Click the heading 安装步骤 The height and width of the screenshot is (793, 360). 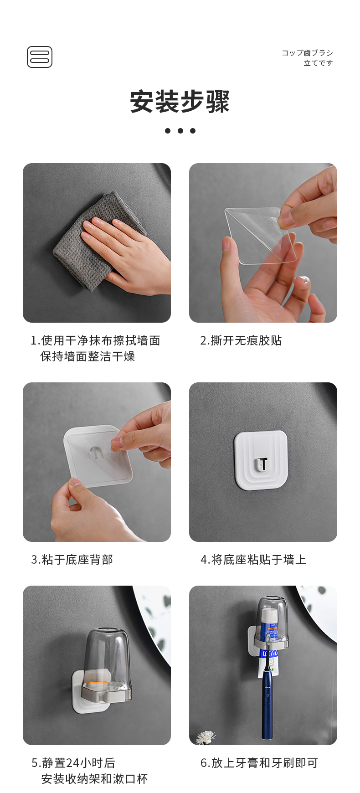pos(180,102)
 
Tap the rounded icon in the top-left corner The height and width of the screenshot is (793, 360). pos(40,57)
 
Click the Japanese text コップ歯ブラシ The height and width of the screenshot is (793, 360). pos(307,53)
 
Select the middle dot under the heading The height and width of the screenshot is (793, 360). pos(180,131)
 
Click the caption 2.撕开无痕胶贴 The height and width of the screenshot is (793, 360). pos(241,340)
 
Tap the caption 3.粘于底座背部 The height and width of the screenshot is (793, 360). pos(72,560)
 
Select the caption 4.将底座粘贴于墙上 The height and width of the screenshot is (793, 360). pos(253,560)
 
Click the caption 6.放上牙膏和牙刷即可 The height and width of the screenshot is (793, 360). pos(259,763)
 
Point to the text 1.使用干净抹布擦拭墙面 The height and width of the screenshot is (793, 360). pos(95,340)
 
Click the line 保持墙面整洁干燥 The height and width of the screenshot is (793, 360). pos(87,356)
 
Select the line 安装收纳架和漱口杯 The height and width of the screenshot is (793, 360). pos(94,779)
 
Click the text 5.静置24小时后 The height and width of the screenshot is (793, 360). pos(73,763)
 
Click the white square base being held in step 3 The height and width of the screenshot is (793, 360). pos(98,456)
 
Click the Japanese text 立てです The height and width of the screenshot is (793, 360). pos(319,63)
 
